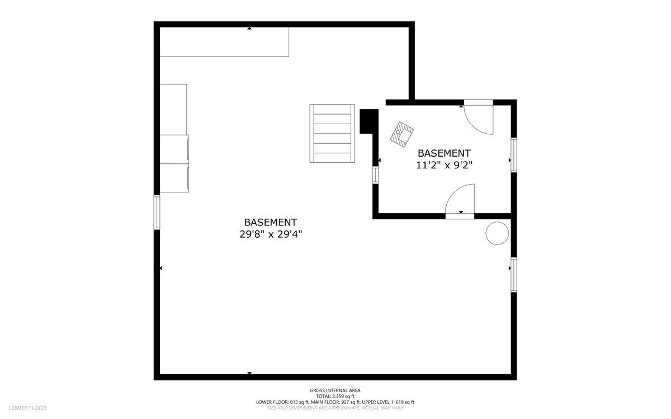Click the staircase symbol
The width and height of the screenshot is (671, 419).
(333, 133)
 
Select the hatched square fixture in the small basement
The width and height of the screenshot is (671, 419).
(403, 134)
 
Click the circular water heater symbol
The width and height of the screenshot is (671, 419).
(497, 233)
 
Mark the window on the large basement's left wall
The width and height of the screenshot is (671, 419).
(157, 212)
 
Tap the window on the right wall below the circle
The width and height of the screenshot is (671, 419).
(513, 275)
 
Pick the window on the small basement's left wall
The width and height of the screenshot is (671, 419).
(376, 175)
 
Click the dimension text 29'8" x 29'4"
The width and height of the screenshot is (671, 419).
(271, 234)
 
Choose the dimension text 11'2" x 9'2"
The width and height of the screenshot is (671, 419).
(445, 164)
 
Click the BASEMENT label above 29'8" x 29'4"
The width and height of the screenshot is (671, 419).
(271, 222)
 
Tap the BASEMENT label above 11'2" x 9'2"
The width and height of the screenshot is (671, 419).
(445, 153)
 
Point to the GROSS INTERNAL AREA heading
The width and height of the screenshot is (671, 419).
(335, 390)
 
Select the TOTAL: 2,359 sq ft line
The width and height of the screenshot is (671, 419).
(335, 396)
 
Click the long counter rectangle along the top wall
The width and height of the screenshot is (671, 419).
(224, 42)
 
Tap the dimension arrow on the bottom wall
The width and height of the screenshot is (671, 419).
(249, 373)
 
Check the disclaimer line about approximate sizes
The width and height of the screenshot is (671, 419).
(335, 408)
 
